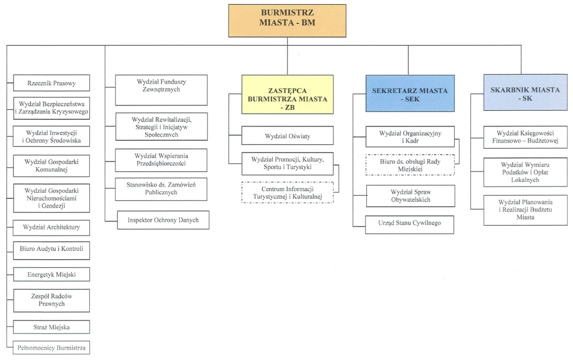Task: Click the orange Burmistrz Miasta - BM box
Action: [x=287, y=21]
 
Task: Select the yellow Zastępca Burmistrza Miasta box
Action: [x=287, y=95]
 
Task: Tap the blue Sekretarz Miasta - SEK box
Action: [x=410, y=94]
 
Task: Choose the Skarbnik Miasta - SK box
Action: [x=525, y=92]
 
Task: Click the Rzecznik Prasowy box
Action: [x=52, y=83]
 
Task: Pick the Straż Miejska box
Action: [x=52, y=327]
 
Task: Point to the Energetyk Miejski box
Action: [x=52, y=274]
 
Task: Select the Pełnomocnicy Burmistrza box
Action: [x=52, y=348]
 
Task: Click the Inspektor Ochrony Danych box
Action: [x=163, y=220]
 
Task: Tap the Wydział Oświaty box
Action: [x=287, y=136]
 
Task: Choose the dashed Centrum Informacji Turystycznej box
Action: [x=287, y=193]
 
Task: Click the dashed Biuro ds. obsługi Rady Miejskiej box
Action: [x=410, y=165]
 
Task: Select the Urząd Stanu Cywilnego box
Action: [x=410, y=225]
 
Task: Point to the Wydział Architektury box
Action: [x=52, y=228]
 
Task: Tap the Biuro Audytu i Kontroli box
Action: [x=52, y=251]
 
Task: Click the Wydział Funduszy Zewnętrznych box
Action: [x=161, y=90]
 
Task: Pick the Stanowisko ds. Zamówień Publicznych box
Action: [x=161, y=190]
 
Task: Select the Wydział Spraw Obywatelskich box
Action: [x=411, y=196]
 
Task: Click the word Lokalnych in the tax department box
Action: [x=525, y=180]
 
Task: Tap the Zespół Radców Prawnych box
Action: [x=52, y=301]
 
